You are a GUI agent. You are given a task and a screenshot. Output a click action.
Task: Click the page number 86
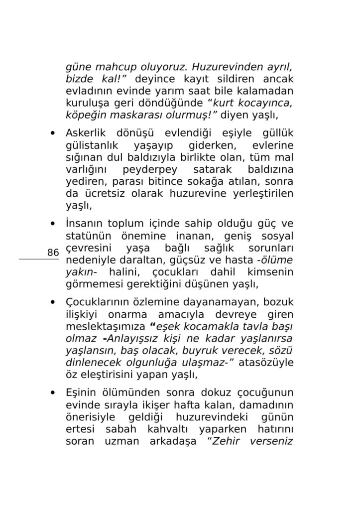pos(53,253)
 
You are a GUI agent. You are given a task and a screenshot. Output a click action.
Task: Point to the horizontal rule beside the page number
pos(39,259)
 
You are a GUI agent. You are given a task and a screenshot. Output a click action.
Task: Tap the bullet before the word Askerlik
pos(53,133)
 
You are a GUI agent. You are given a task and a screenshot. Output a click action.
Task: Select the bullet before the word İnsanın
pos(53,224)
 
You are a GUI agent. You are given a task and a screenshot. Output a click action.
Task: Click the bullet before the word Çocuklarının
pos(53,302)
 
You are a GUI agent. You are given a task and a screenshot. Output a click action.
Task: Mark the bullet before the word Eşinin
pos(53,392)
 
